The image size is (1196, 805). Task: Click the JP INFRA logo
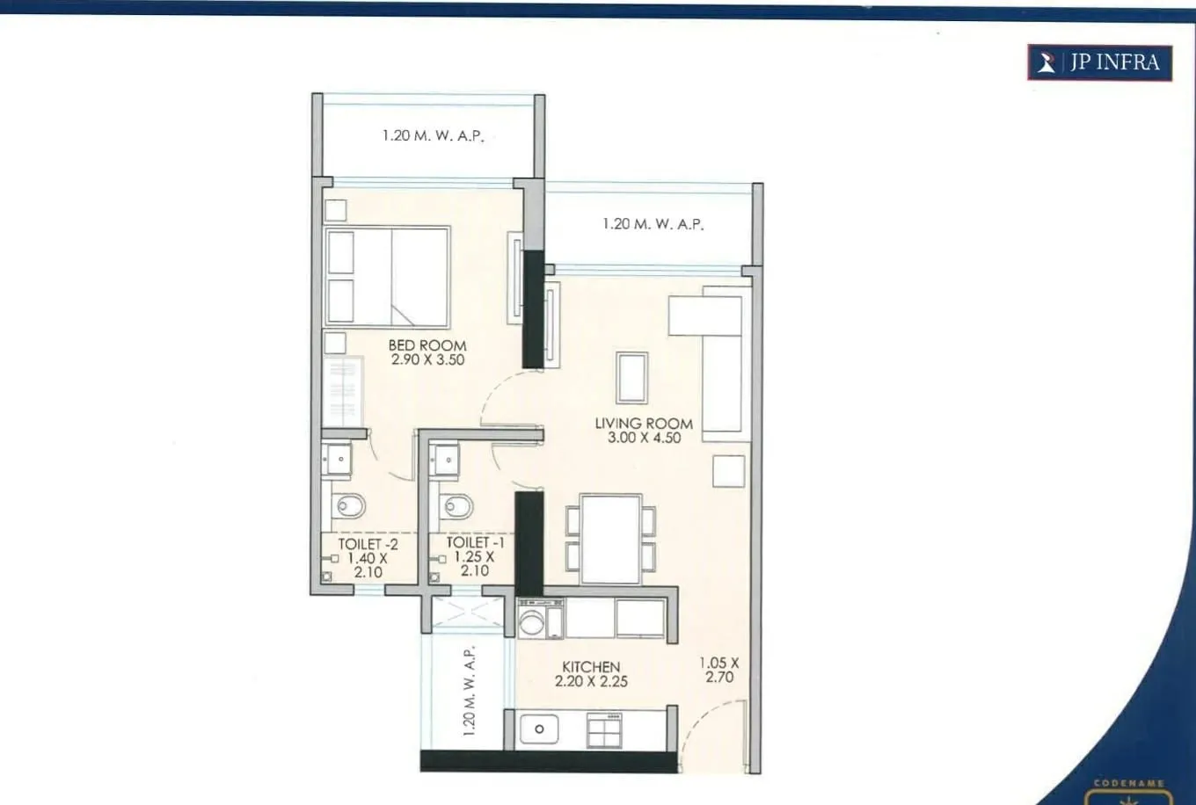(x=1099, y=62)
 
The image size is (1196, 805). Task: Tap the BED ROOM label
(x=427, y=345)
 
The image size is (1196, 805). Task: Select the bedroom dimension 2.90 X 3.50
(x=427, y=359)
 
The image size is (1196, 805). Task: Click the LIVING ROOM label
(x=644, y=423)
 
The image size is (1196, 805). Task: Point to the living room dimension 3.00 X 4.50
(x=644, y=438)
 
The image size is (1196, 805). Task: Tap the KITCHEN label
(x=591, y=667)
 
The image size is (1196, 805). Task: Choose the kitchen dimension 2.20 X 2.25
(x=591, y=681)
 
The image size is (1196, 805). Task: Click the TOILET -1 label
(x=475, y=542)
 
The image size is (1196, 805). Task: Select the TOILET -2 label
(x=368, y=544)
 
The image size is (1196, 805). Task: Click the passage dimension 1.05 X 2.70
(x=719, y=670)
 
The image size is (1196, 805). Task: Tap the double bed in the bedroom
(x=387, y=277)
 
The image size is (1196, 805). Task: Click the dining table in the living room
(x=610, y=539)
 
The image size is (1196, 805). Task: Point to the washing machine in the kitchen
(x=532, y=620)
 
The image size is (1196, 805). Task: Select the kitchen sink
(x=538, y=729)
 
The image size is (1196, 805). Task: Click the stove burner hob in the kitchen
(x=604, y=729)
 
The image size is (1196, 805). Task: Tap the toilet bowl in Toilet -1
(x=456, y=506)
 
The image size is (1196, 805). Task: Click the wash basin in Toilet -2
(x=338, y=460)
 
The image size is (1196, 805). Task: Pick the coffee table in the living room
(x=631, y=377)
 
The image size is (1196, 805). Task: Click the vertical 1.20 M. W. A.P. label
(x=469, y=691)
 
